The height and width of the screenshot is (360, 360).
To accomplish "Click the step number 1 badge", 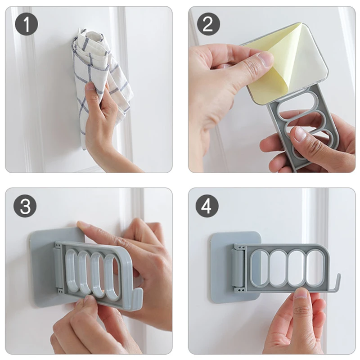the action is [x=27, y=24].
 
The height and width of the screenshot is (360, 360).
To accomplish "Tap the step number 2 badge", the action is [x=208, y=24].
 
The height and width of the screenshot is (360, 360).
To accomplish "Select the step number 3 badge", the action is [x=25, y=206].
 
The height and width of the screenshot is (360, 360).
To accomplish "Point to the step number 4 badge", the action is [x=207, y=206].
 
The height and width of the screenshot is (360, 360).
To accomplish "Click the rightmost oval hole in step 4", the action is [x=315, y=266].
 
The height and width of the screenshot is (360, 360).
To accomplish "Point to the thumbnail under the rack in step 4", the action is [x=301, y=294].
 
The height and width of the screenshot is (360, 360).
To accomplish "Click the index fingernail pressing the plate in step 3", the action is [x=80, y=224].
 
